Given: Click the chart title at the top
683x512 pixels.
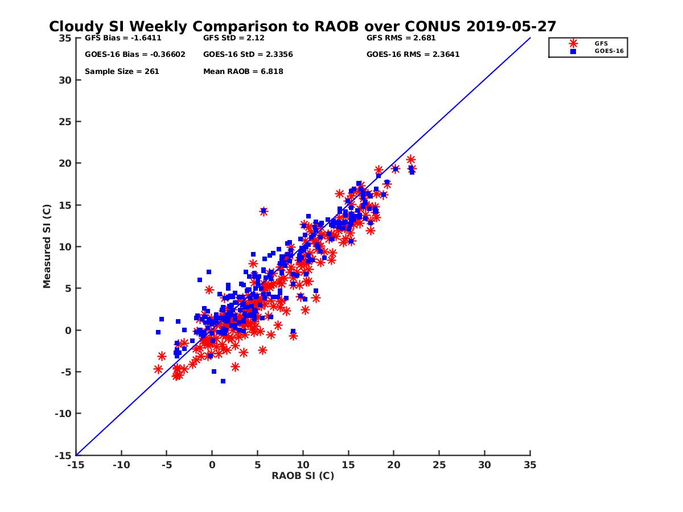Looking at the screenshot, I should (x=302, y=27).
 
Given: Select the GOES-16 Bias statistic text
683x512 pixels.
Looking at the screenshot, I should (x=135, y=55).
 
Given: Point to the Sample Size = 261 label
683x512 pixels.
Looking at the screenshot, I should (x=122, y=72).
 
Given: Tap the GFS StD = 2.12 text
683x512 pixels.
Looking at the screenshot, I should (x=234, y=39).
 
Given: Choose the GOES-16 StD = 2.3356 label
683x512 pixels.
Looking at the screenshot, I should (x=248, y=55).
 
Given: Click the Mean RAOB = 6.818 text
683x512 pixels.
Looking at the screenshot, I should (x=243, y=72).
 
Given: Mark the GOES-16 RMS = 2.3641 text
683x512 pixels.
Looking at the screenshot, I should (x=413, y=55).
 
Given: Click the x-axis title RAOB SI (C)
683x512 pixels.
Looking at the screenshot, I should (x=302, y=476).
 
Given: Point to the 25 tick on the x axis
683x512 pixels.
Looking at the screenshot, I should (x=439, y=465).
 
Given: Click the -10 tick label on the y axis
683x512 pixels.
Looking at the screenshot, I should (x=63, y=414).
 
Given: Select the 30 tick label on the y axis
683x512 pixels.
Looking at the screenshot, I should (x=64, y=80).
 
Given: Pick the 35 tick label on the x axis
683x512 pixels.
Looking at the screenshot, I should (x=530, y=465).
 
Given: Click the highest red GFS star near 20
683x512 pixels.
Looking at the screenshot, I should (x=410, y=160).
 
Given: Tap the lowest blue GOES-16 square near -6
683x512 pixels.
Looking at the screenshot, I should (x=223, y=381).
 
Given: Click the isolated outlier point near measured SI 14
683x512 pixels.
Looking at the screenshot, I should (x=264, y=211).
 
